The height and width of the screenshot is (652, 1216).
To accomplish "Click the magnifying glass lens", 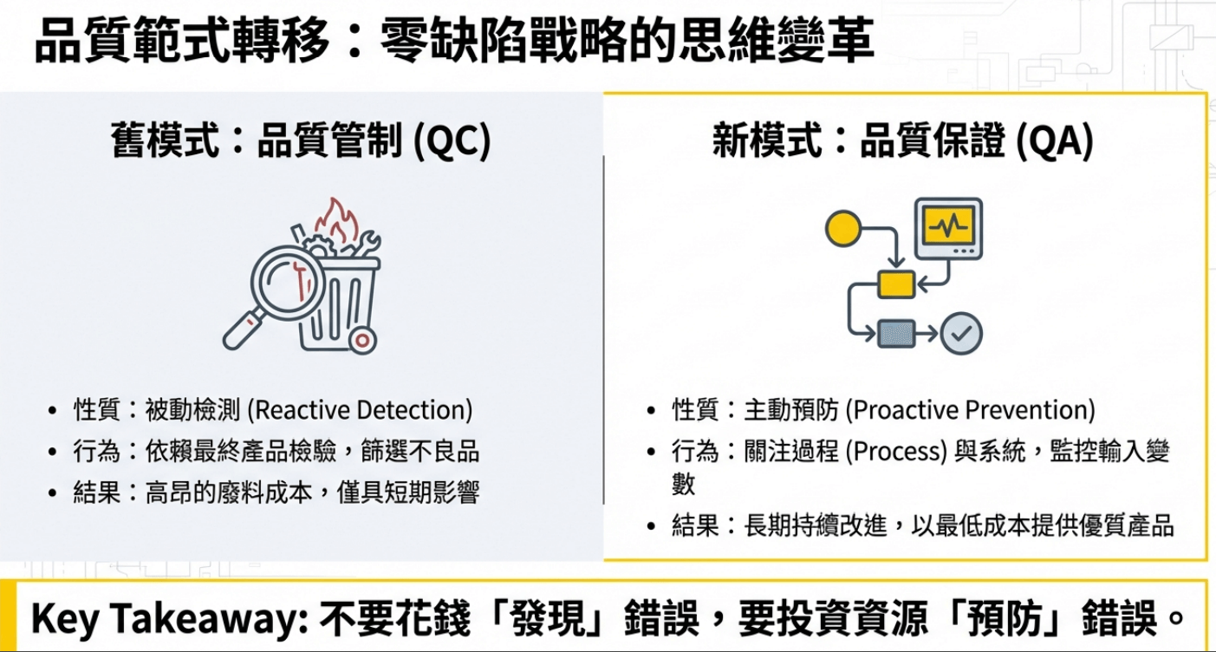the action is click(288, 283).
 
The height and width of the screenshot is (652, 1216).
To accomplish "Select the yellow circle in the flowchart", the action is click(843, 229).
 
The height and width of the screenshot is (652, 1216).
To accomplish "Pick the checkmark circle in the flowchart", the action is click(961, 333).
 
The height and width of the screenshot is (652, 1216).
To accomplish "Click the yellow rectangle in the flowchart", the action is click(896, 284).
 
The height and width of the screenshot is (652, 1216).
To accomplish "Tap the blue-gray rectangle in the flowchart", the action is click(896, 333).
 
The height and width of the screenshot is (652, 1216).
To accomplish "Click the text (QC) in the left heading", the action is click(452, 140).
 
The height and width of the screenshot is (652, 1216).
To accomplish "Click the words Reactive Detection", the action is click(360, 410).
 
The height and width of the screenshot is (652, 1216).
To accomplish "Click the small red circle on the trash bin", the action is click(362, 341).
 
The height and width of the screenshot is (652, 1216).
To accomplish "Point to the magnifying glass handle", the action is click(242, 330).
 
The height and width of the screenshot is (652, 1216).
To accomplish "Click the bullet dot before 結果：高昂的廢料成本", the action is click(52, 493).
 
